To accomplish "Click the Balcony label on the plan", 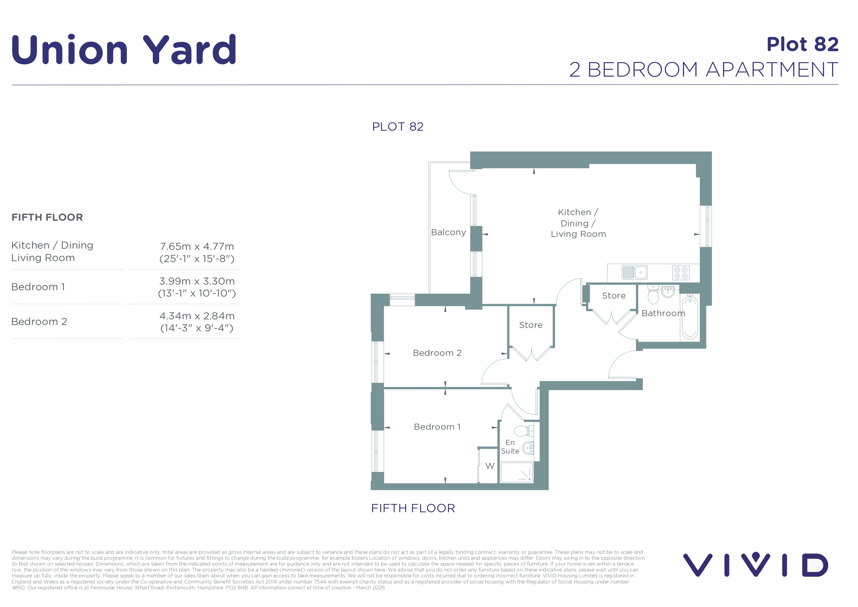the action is (x=448, y=232).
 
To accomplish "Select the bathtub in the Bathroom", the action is (x=690, y=316).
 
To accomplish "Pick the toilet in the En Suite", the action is (x=524, y=431).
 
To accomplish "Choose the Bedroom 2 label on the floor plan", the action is (x=437, y=353).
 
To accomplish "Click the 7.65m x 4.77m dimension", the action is (x=197, y=246).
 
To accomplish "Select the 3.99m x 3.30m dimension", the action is (x=197, y=281).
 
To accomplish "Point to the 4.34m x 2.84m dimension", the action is (x=197, y=316).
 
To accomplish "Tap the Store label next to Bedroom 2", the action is (x=531, y=325).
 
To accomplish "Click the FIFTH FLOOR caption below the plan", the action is (x=413, y=508).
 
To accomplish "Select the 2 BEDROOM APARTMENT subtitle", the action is (x=704, y=70).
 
